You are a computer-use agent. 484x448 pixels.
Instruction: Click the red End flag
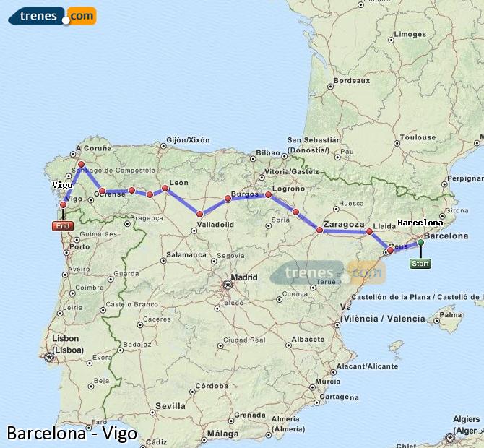click(63, 226)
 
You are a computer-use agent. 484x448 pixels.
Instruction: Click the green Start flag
click(420, 264)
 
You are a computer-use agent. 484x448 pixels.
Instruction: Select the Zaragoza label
click(344, 225)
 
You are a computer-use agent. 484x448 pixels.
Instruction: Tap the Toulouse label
click(419, 137)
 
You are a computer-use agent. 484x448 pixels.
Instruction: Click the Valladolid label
click(215, 225)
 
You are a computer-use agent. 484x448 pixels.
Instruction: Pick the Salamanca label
click(186, 254)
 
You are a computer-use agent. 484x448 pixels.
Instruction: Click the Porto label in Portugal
click(79, 246)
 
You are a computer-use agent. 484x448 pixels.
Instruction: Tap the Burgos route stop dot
click(228, 198)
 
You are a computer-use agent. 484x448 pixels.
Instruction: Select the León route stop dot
click(165, 189)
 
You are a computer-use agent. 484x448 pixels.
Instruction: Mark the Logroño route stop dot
click(269, 195)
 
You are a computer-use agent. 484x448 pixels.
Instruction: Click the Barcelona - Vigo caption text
click(72, 434)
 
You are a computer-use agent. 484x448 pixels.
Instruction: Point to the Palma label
click(451, 315)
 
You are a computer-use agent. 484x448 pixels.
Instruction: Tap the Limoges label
click(411, 34)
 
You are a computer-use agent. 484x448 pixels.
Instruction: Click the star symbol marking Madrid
click(228, 284)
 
